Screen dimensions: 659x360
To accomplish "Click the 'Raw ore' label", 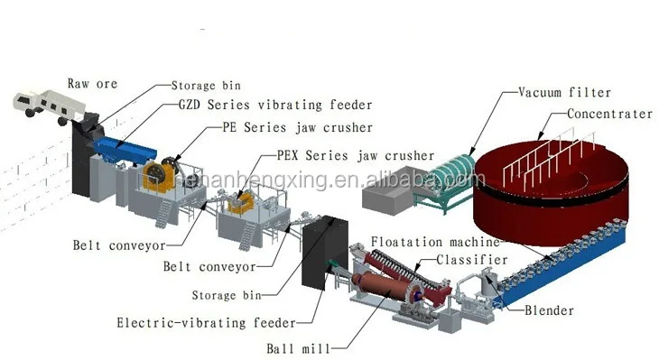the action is point(92,84).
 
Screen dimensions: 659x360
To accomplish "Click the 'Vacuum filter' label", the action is point(564,92).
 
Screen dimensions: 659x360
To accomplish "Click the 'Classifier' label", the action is point(469,258).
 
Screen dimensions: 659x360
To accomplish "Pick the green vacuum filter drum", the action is point(447,171).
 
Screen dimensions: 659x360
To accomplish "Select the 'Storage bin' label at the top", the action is point(206,87).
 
